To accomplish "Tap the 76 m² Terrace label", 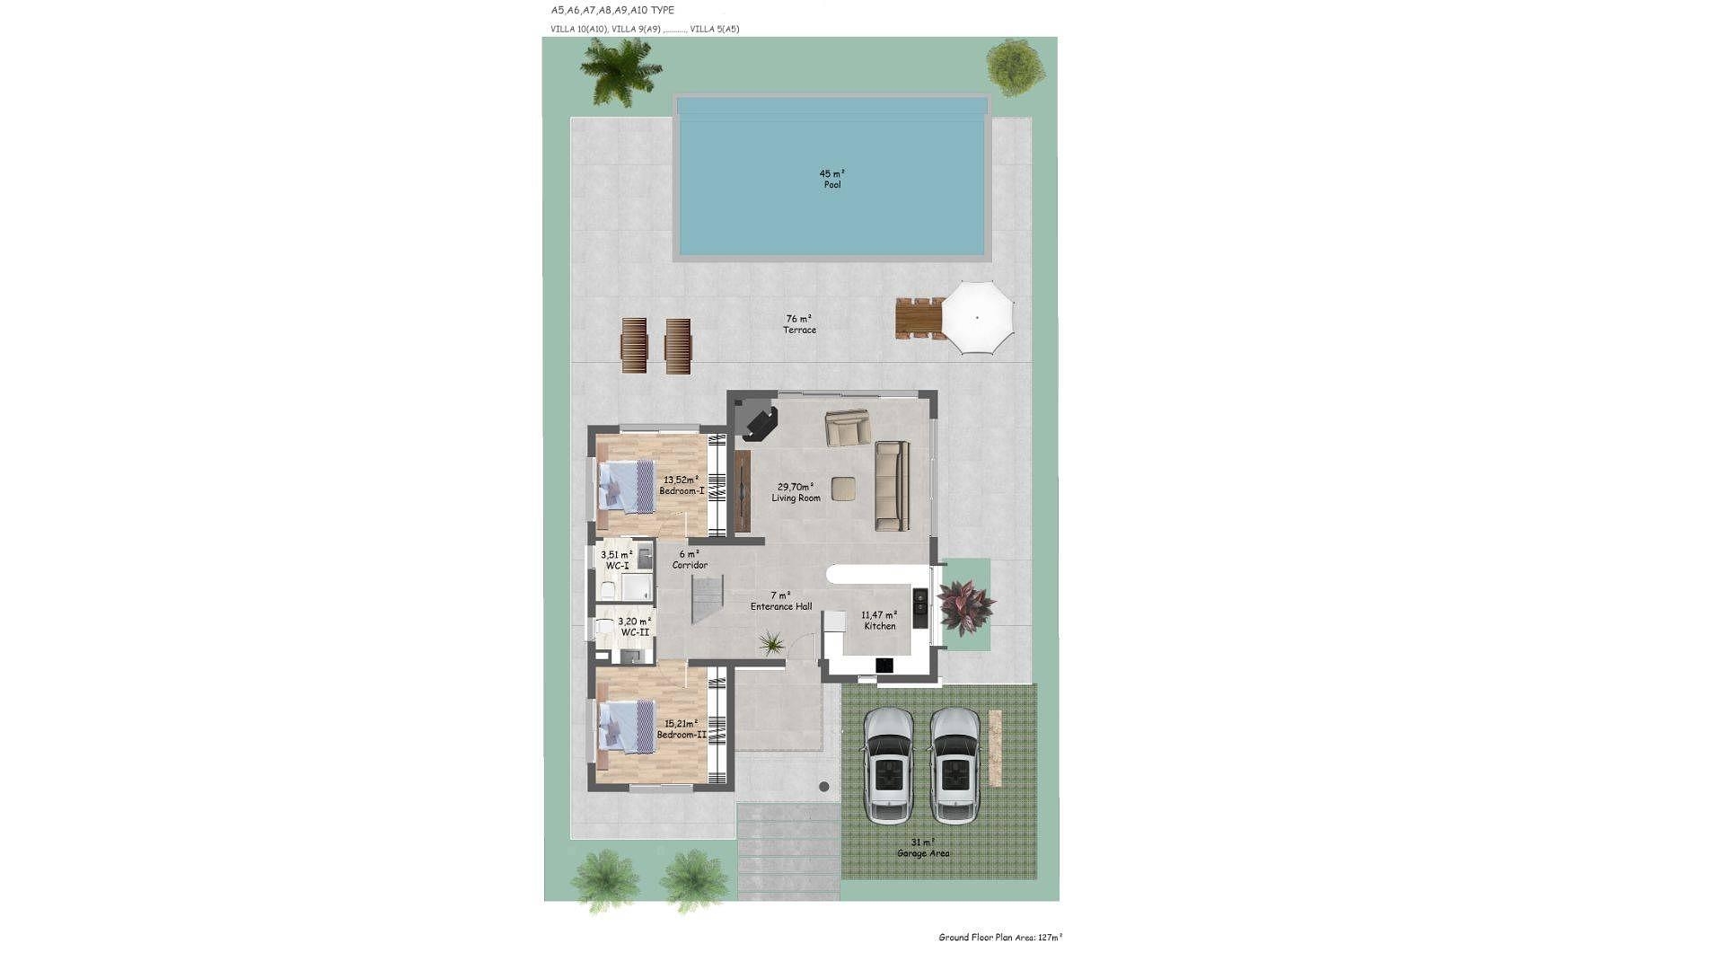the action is (799, 324).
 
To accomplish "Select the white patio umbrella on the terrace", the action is (977, 317).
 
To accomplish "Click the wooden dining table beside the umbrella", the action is (919, 318).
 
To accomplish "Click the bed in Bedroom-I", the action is (628, 486).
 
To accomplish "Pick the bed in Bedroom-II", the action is (628, 727).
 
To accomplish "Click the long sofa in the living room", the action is (892, 485).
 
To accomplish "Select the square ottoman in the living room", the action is (844, 489).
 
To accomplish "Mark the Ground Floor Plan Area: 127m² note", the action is (1000, 938).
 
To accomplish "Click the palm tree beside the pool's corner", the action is (620, 69).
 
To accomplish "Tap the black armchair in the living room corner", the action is (760, 423).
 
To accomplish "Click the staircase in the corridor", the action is (708, 601).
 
